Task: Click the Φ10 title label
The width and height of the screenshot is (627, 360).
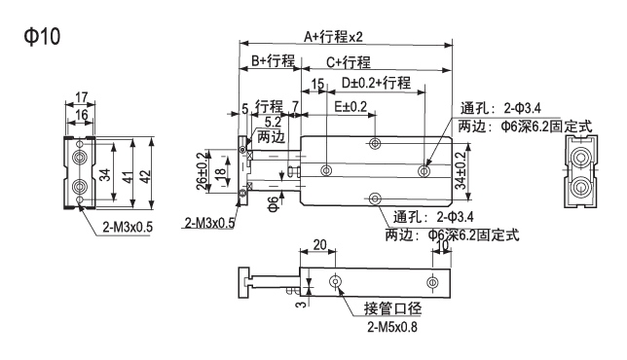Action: point(42,36)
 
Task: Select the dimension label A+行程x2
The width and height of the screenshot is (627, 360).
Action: point(333,37)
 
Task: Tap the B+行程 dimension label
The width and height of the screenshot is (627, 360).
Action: point(274,60)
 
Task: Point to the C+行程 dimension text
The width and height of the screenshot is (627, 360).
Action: point(349,62)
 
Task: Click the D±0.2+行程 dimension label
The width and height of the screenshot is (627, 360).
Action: point(376,83)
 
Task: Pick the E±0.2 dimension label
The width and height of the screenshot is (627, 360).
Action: point(350,106)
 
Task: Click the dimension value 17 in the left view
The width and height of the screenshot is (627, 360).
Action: point(81,97)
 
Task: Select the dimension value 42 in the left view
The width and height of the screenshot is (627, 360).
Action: point(146,177)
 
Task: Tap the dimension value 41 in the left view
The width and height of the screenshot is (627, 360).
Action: point(128,177)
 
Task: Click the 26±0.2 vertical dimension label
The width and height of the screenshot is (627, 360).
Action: point(203,171)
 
